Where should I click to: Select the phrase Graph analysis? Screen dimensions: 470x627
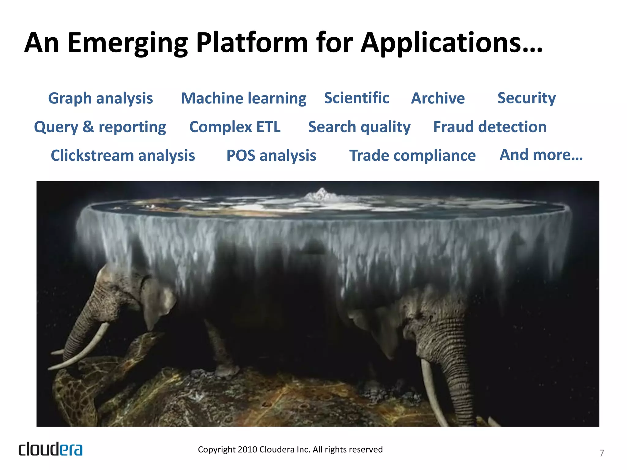(100, 99)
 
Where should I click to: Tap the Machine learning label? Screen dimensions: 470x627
(243, 99)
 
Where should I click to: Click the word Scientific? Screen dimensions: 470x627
(357, 98)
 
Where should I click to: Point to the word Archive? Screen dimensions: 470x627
(438, 99)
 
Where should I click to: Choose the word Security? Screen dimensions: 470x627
(526, 99)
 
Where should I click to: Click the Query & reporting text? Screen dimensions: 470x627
(100, 127)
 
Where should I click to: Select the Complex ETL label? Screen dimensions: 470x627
(235, 127)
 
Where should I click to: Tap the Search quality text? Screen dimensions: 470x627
(359, 127)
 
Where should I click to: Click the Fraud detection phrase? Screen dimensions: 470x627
(490, 127)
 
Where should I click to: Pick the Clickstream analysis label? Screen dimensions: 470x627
(123, 155)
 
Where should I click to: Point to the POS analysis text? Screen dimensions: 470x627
(271, 155)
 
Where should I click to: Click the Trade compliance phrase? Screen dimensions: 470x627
(412, 155)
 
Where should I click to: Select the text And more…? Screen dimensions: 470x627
(541, 155)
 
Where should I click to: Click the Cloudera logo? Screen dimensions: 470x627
(51, 449)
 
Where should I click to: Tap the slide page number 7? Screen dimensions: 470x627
(602, 453)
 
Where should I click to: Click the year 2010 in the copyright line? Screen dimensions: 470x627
(248, 449)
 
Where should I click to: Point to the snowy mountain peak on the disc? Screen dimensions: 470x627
(321, 194)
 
